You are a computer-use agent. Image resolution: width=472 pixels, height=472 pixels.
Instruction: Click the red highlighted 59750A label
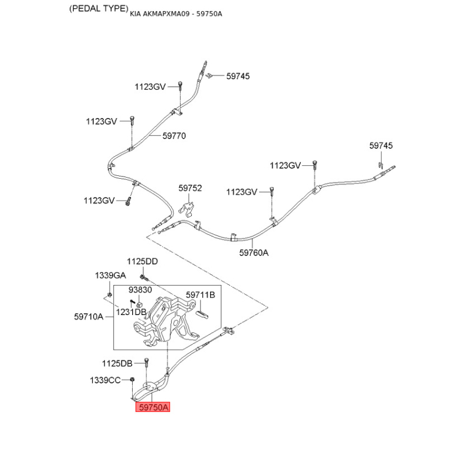coord(153,407)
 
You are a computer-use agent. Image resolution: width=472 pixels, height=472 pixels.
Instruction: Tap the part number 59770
coord(174,136)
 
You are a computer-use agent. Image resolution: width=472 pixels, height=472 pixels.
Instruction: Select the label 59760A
coord(254,253)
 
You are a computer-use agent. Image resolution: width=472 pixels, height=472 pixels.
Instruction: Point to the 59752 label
coord(190,188)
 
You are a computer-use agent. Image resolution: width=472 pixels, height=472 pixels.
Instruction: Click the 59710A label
coord(88,317)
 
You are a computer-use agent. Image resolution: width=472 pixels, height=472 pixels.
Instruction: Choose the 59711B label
coord(201,294)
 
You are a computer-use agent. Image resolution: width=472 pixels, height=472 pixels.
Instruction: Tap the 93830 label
coord(140,290)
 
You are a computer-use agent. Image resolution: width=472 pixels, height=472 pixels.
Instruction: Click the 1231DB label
coord(131,312)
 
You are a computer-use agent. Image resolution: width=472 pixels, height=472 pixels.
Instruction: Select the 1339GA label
coord(110,276)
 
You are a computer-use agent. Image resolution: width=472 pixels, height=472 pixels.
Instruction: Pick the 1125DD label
coord(142,261)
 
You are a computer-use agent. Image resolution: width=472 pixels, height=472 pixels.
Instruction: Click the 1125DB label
coord(117,363)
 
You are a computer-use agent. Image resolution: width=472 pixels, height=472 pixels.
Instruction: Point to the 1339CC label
coord(105,380)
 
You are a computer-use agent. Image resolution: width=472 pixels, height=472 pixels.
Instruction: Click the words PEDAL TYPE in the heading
coord(99,8)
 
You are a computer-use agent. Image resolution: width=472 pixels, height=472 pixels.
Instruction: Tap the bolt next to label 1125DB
coord(146,363)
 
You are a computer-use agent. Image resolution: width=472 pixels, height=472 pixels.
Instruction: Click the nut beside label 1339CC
coord(132,380)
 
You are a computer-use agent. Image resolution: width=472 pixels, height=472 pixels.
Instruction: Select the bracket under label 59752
coord(186,209)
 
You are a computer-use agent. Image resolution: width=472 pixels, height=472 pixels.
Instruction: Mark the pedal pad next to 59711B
coord(202,314)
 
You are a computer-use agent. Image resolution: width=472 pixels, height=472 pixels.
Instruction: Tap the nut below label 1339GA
coord(110,294)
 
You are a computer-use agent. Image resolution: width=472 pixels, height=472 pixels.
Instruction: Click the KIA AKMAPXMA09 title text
coord(176,14)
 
